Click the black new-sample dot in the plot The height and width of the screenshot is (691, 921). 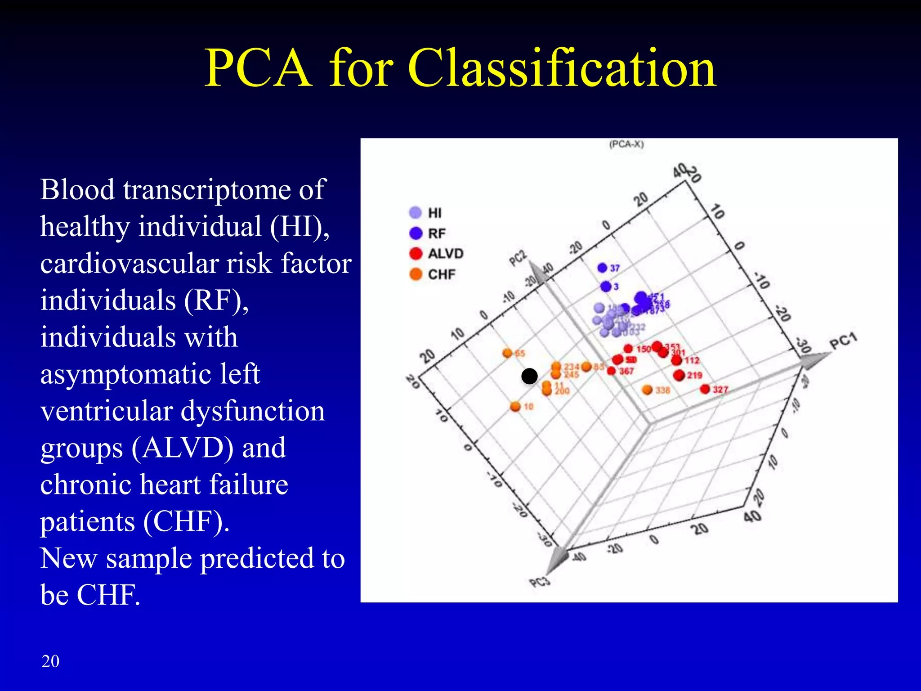[x=529, y=376]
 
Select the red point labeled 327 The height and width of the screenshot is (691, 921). [x=705, y=389]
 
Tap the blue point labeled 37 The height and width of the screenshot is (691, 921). [x=603, y=268]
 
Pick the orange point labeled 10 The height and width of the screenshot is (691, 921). [x=515, y=407]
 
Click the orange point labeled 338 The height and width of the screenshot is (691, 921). [x=647, y=390]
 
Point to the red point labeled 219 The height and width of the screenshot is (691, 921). [x=679, y=375]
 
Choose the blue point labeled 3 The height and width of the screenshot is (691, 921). [x=606, y=286]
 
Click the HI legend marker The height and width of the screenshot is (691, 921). [x=416, y=212]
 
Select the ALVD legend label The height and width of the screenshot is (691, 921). [x=445, y=254]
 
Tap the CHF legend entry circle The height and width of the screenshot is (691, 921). [x=416, y=274]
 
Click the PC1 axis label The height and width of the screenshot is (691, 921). [x=843, y=341]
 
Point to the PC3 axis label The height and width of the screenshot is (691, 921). [x=540, y=582]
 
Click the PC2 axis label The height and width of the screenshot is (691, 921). [x=518, y=258]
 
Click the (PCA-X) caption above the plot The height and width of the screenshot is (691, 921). [x=626, y=144]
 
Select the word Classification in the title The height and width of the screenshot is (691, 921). [x=562, y=68]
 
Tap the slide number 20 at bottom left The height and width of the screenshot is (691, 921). [x=50, y=661]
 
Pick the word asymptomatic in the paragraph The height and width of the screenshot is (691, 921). [x=150, y=374]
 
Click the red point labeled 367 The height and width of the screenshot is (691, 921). [x=611, y=371]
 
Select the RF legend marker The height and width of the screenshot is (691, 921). [x=416, y=233]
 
